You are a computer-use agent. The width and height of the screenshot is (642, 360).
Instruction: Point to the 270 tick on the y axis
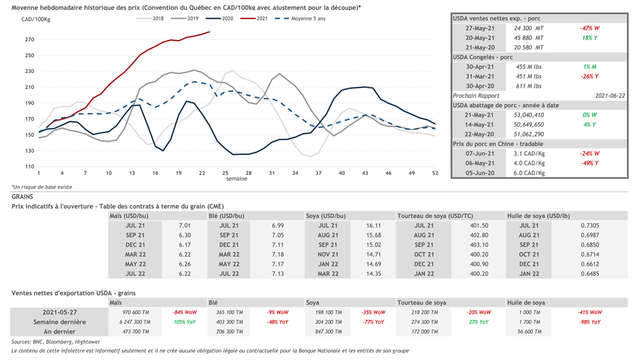tap(29, 40)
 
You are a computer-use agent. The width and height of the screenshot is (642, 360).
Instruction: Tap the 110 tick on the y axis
tap(29, 167)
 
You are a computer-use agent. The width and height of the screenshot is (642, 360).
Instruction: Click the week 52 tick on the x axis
tap(435, 173)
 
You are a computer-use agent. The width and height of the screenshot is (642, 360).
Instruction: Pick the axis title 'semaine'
tap(237, 179)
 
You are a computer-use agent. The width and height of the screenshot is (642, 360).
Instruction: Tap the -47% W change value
tap(590, 29)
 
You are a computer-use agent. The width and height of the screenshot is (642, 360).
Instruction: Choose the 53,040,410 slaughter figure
tap(530, 115)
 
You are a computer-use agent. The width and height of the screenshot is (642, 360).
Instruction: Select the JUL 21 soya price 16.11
tap(374, 226)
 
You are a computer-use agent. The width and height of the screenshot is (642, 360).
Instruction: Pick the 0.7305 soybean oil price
tap(589, 226)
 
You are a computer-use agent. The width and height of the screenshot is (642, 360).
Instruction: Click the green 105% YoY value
tap(186, 322)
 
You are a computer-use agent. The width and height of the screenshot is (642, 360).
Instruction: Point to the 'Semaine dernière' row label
tap(60, 322)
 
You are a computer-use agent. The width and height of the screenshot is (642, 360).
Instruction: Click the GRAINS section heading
tap(23, 197)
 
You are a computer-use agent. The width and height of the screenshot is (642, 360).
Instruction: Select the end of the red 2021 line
tap(210, 31)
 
